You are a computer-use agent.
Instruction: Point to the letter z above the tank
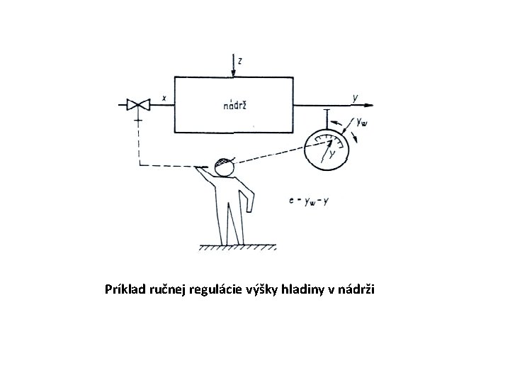tap(241, 62)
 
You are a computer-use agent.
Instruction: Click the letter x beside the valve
tap(164, 99)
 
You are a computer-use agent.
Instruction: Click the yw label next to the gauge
tap(362, 123)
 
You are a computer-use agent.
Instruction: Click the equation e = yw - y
tap(309, 201)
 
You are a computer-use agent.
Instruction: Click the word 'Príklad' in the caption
tap(127, 289)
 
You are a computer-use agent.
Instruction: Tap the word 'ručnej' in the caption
tap(172, 289)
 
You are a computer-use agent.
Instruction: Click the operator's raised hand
tap(205, 169)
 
